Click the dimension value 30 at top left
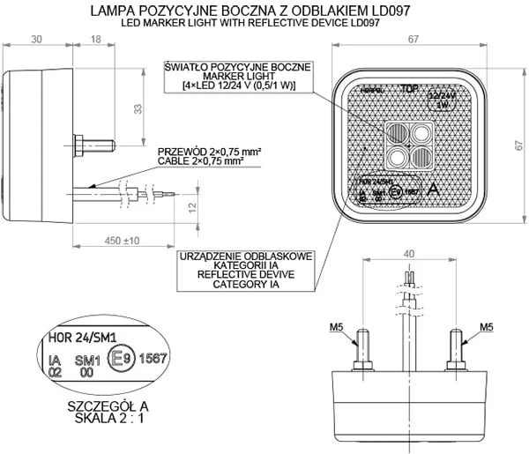[35, 40]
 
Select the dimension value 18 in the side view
[94, 40]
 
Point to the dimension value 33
[137, 108]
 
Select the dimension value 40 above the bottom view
[406, 254]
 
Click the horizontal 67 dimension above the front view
[411, 40]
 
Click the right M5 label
[486, 327]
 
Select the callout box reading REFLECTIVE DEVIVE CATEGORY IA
[245, 270]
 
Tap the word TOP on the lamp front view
[408, 89]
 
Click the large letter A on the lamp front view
[433, 189]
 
